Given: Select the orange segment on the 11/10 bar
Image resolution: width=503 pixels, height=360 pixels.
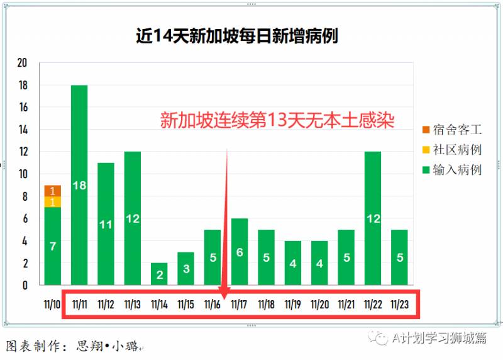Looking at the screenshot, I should (x=53, y=191).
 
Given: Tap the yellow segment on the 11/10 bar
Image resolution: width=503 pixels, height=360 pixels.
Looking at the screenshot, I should (x=53, y=202).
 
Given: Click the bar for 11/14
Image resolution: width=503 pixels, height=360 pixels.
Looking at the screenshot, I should (x=159, y=274).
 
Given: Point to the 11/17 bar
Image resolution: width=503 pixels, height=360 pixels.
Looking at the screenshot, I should (x=240, y=251).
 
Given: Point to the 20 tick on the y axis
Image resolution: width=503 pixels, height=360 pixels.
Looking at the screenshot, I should (x=23, y=63).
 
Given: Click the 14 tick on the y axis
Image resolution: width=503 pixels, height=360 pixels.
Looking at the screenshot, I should (x=23, y=130).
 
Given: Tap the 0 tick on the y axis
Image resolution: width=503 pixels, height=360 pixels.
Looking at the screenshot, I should (x=25, y=285).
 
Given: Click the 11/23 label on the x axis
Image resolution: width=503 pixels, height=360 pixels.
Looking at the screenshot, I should (x=400, y=305).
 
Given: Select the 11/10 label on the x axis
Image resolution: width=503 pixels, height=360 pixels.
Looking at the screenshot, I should (x=53, y=305).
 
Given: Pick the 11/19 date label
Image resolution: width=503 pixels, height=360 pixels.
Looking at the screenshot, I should (x=293, y=305).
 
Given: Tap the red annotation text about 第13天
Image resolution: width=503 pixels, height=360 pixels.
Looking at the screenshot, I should (x=277, y=121).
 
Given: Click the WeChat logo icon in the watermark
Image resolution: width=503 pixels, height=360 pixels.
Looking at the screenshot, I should (x=380, y=339).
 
